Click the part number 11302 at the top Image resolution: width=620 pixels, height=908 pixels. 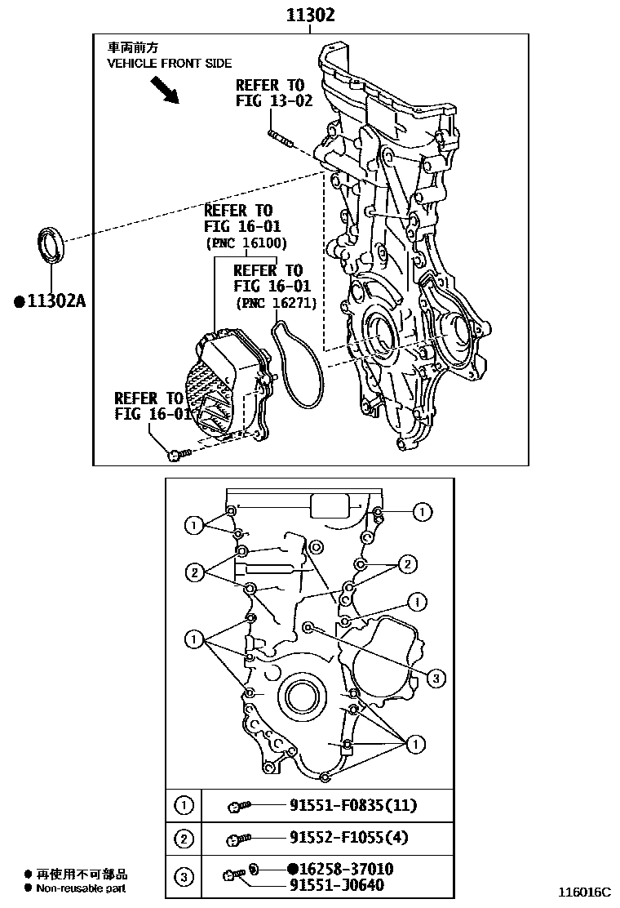click(x=309, y=15)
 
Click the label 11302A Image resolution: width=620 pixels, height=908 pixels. click(x=50, y=301)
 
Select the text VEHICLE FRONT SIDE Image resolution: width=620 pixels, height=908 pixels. click(x=169, y=63)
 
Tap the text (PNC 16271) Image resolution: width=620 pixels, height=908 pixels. click(x=277, y=303)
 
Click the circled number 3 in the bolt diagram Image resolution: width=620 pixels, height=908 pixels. click(x=436, y=677)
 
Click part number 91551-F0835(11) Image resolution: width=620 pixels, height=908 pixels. click(x=352, y=806)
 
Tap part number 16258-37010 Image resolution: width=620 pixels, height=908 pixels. click(x=340, y=870)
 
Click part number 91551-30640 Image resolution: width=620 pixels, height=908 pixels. click(x=335, y=885)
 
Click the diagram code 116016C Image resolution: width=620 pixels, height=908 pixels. click(x=584, y=892)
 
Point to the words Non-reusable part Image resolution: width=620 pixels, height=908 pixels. click(x=80, y=888)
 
